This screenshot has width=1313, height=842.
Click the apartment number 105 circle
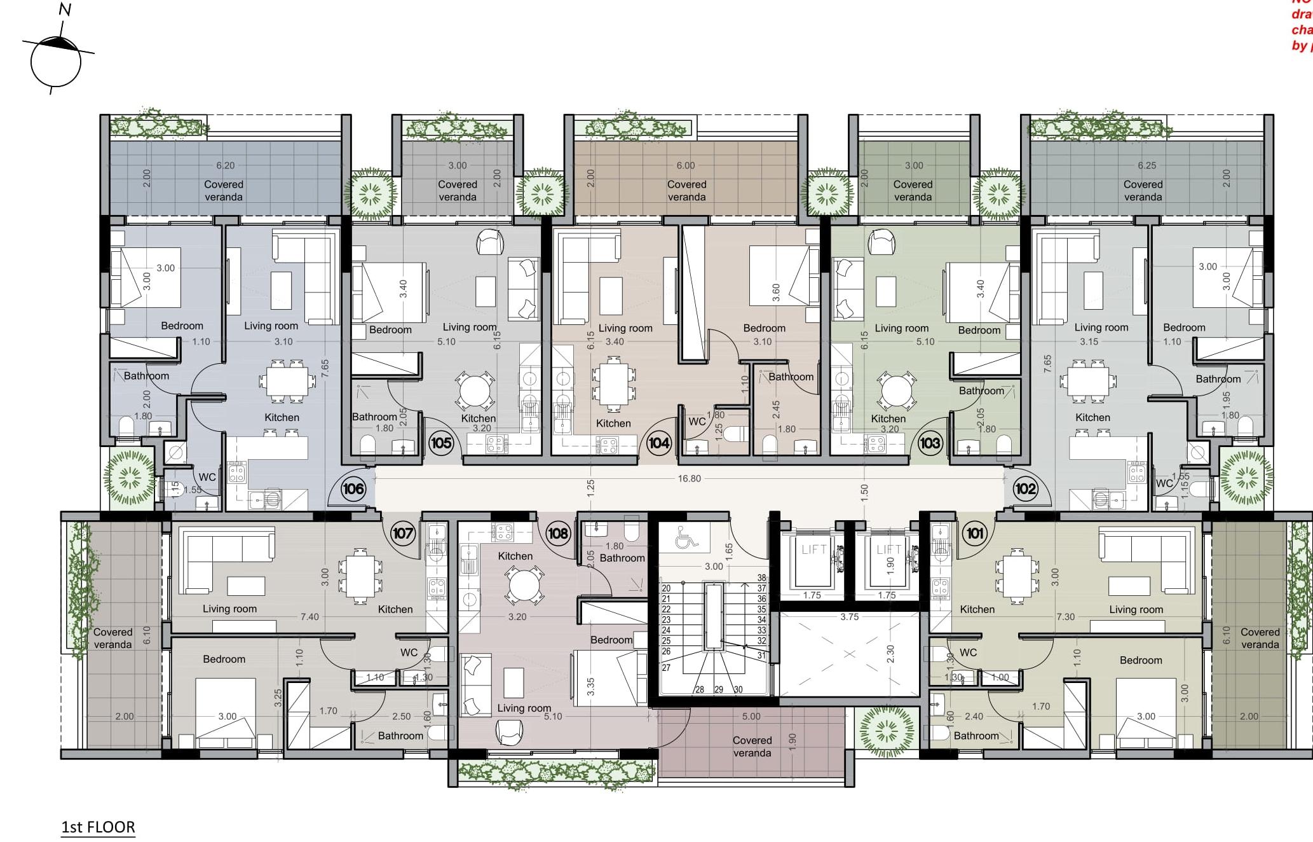pos(441,443)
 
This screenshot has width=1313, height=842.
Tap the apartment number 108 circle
pos(558,533)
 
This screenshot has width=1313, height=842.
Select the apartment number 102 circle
pos(1025,488)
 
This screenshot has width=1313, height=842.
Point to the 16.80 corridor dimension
pos(689,478)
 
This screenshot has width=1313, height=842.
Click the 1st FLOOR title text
pos(98,827)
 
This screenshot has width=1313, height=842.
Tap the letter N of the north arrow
pos(65,10)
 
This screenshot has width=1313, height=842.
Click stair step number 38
pos(761,578)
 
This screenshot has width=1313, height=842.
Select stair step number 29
pos(719,689)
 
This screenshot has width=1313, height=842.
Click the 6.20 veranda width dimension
pos(225,165)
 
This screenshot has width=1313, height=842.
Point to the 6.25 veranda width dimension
pos(1146,165)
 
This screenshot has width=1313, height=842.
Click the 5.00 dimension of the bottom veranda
pos(751,716)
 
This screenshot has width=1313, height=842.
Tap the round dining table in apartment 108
pos(524,585)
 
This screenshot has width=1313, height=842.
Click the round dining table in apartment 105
pos(474,391)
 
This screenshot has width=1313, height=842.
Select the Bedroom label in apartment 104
pos(764,328)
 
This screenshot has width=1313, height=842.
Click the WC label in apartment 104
pos(697,421)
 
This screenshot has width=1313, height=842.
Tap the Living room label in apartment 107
pos(229,609)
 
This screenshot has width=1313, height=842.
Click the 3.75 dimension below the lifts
pos(849,616)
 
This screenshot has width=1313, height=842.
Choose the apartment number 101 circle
pos(975,533)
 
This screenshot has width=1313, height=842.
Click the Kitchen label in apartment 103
pos(888,418)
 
